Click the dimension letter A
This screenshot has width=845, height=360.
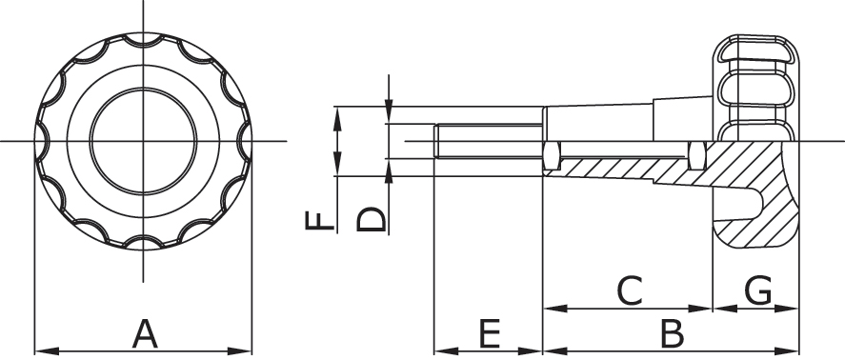(x=145, y=334)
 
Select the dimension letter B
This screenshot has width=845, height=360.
(x=673, y=334)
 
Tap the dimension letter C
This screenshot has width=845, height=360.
(x=630, y=291)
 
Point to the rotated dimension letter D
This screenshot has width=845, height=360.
(x=372, y=219)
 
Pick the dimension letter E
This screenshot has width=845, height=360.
(x=490, y=334)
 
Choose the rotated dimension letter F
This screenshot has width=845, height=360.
(x=320, y=220)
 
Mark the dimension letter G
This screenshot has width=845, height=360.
(x=757, y=291)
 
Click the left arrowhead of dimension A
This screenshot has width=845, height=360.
(x=47, y=351)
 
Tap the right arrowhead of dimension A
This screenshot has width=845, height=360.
(x=240, y=351)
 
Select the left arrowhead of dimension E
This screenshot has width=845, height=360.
(x=446, y=351)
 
